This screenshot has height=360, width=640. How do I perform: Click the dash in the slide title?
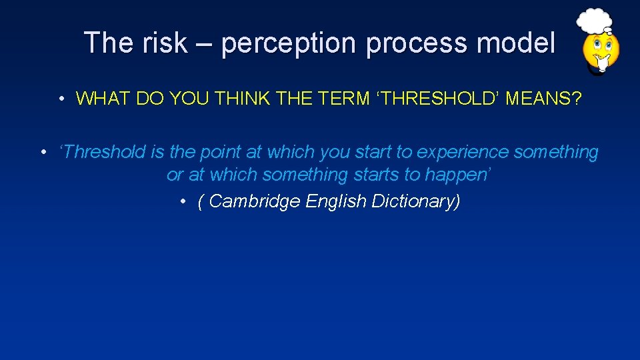[x=204, y=44]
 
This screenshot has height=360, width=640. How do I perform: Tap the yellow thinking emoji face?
[x=601, y=51]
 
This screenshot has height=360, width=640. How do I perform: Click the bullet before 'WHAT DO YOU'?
[x=61, y=99]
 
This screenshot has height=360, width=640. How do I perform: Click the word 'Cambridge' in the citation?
[x=255, y=201]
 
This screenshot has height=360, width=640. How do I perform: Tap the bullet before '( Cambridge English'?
[x=183, y=202]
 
